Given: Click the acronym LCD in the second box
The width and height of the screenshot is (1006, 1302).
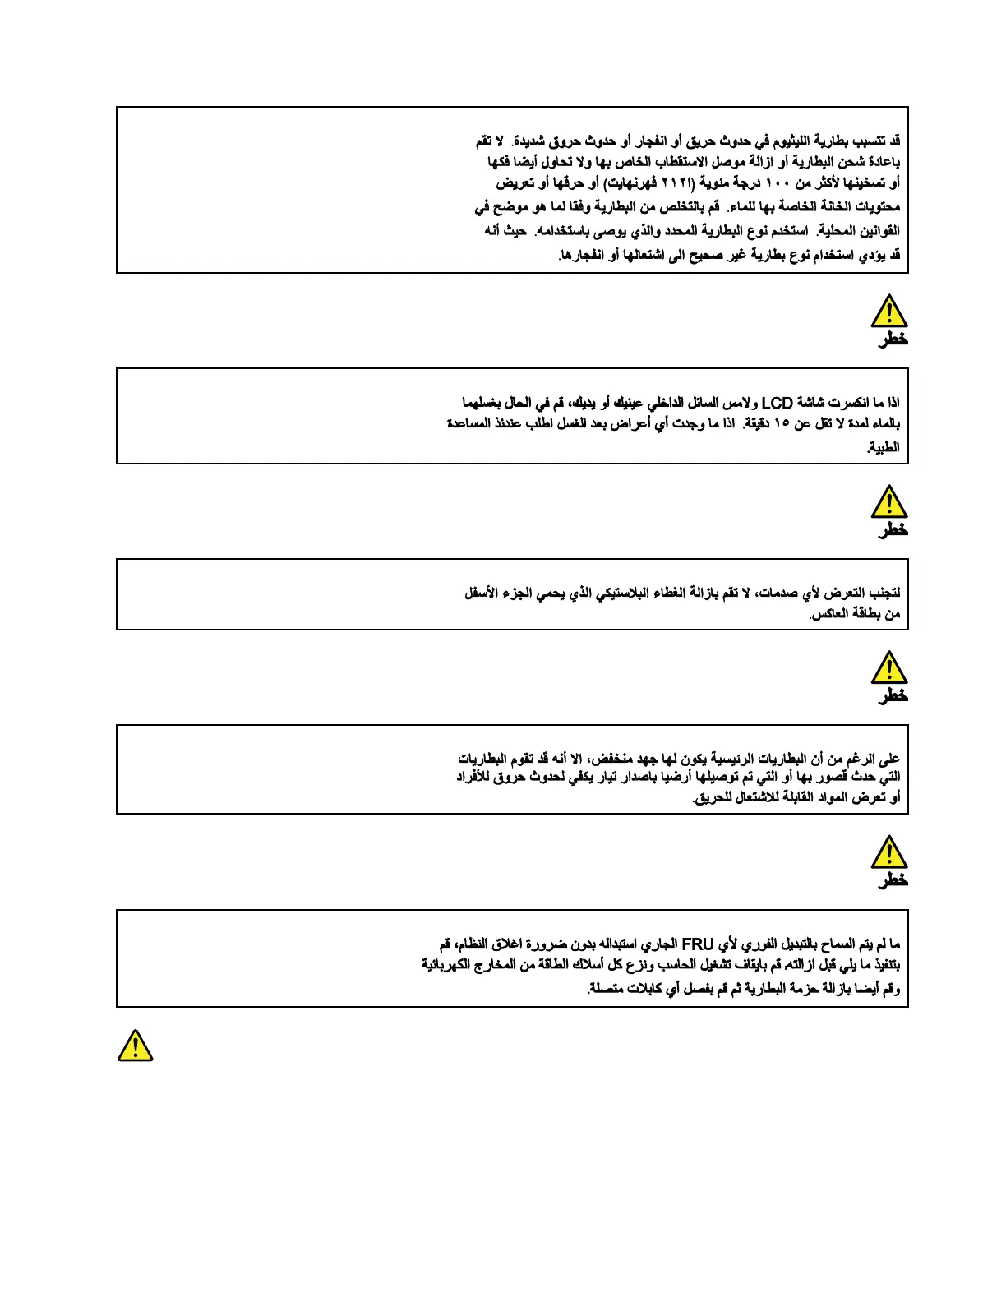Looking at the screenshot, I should (777, 403).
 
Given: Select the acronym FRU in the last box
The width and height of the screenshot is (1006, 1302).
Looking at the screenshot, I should (698, 944).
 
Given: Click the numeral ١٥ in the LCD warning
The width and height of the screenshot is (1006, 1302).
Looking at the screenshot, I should (782, 423).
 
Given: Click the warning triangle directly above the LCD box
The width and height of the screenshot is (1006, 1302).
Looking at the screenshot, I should (888, 312).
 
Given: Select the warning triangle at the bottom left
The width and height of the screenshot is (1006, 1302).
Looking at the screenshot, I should (135, 1046).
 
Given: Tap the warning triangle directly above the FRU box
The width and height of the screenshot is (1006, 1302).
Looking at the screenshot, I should (888, 852).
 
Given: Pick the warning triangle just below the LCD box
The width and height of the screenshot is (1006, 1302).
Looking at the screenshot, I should (888, 501).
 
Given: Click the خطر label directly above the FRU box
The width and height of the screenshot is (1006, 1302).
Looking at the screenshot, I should (893, 880).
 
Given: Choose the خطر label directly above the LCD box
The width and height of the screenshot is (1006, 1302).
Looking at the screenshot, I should (893, 339).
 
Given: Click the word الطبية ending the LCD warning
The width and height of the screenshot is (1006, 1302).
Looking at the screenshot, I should (884, 447).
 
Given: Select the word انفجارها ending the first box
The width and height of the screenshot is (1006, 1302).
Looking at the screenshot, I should (580, 255).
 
